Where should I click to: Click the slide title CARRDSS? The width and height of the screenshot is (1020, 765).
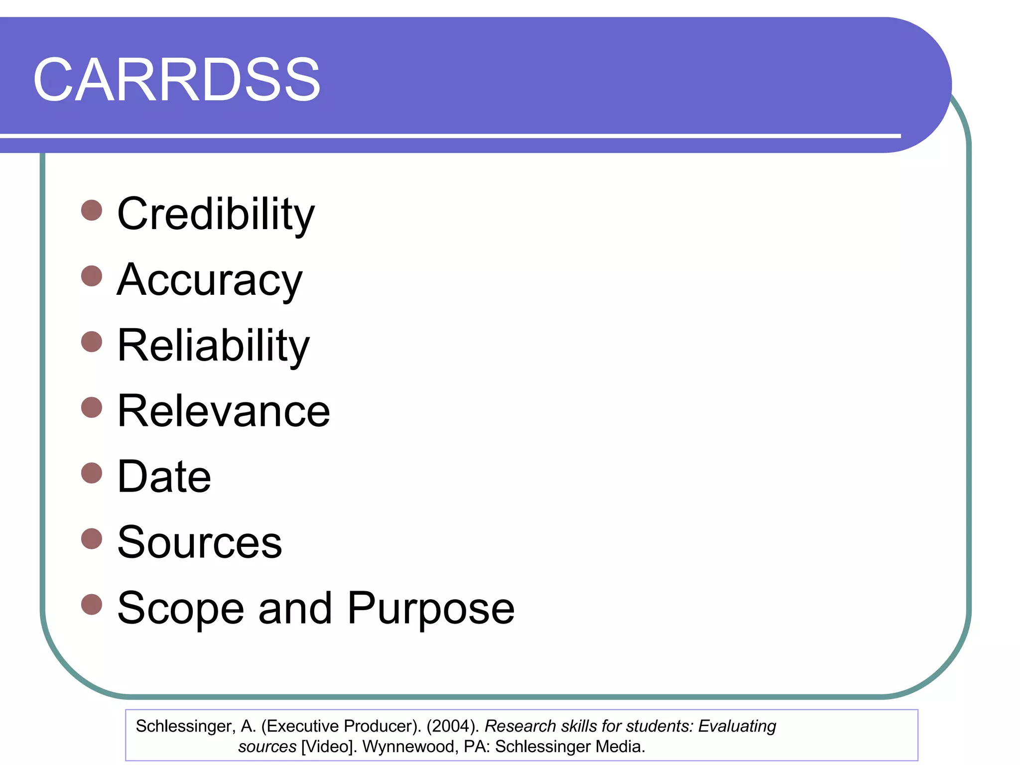(177, 80)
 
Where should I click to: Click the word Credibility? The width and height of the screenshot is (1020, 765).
(216, 214)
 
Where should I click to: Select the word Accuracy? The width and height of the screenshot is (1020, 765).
(210, 280)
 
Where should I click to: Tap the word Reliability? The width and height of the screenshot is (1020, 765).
(213, 346)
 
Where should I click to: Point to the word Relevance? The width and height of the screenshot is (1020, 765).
(224, 411)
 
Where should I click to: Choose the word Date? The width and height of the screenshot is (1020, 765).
(164, 477)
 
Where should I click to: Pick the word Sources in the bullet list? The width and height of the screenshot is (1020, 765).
(200, 542)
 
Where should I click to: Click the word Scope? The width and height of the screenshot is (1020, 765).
(181, 609)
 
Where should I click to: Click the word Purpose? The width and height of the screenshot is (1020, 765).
(431, 609)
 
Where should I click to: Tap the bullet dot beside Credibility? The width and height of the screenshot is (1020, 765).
(92, 210)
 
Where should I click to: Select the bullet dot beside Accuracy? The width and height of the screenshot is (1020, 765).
(92, 276)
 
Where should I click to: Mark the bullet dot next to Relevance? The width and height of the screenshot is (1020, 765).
(92, 407)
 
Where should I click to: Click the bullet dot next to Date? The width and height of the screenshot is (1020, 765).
(92, 473)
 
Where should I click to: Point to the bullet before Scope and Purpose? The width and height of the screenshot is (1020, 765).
(92, 605)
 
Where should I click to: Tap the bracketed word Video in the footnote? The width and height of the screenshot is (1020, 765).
(329, 747)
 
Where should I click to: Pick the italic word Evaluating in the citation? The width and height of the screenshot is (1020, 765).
(737, 727)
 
